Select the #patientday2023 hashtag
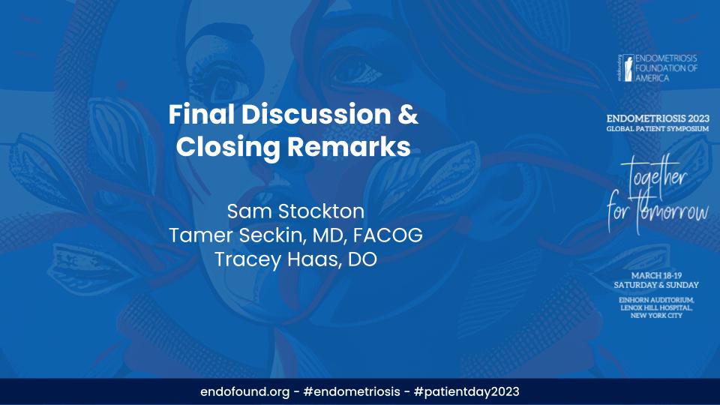[466, 391]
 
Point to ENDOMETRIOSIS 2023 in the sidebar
[658, 119]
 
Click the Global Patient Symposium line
[658, 129]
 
